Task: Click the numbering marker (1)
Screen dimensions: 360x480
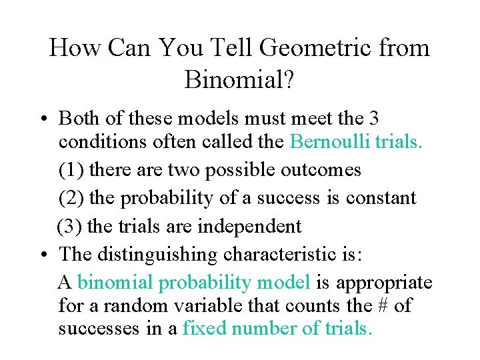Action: pyautogui.click(x=71, y=170)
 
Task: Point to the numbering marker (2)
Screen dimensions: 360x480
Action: pyautogui.click(x=71, y=198)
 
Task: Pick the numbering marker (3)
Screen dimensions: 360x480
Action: pyautogui.click(x=70, y=226)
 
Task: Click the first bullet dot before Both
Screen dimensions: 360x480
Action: pyautogui.click(x=41, y=119)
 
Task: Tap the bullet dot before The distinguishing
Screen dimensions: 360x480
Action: pyautogui.click(x=41, y=255)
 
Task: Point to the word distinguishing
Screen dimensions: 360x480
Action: pyautogui.click(x=159, y=255)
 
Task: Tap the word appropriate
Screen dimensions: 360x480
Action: pyautogui.click(x=384, y=283)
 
